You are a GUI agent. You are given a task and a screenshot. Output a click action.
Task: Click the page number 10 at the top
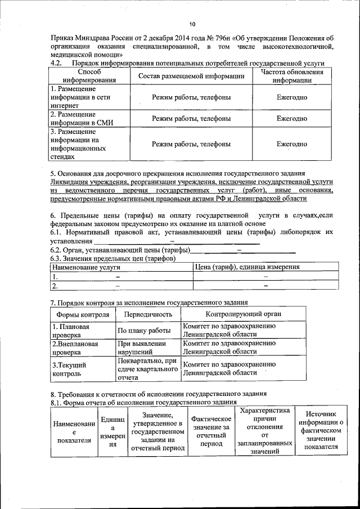[192, 24]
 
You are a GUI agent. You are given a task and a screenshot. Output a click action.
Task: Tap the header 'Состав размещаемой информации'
[191, 76]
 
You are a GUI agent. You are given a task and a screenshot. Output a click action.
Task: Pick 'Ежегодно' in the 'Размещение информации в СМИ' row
[291, 119]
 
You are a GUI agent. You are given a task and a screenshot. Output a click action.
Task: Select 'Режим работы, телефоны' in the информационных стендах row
[191, 144]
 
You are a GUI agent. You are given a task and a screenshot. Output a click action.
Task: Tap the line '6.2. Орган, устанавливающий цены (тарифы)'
[120, 250]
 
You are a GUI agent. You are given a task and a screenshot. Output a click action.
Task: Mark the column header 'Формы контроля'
[83, 314]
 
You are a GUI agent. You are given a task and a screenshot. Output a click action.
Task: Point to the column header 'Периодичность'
[148, 314]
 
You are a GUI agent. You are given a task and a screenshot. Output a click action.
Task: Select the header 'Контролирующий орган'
[243, 314]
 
